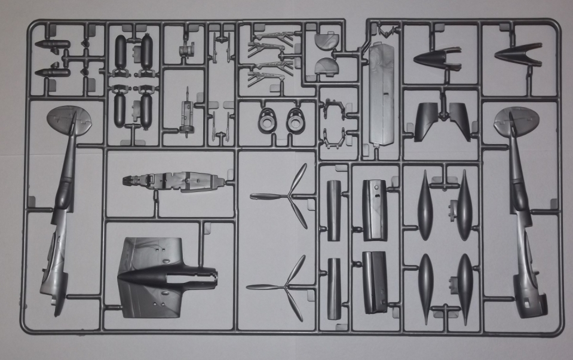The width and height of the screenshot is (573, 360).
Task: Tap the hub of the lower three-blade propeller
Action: [287, 286]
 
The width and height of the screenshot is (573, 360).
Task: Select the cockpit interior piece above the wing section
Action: [173, 180]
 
